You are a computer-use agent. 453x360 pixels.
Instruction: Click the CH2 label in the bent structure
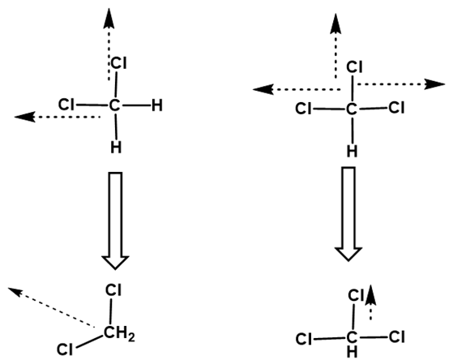coord(119,334)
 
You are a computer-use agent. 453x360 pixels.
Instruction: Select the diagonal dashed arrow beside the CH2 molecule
coord(51,307)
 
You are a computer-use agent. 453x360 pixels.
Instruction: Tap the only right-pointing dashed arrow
coord(401,84)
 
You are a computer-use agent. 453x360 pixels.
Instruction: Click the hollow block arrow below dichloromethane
coord(115,221)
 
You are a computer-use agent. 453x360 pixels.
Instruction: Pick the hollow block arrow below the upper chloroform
coord(348,214)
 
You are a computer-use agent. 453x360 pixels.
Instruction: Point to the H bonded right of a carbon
coord(157,105)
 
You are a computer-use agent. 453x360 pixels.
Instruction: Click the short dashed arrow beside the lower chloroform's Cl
coord(370,302)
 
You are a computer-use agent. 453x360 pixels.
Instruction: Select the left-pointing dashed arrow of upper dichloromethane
coord(58,117)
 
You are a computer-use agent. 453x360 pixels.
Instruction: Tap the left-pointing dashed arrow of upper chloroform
coord(297,89)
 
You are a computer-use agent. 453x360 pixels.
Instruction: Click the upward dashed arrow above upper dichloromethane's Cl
coord(109,45)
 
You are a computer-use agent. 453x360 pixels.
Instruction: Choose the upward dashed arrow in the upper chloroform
coord(335,45)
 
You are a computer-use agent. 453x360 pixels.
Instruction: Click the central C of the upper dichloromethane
coord(114,105)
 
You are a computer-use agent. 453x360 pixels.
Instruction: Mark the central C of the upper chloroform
coord(352,109)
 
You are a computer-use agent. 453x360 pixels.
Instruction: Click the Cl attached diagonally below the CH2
coord(65,349)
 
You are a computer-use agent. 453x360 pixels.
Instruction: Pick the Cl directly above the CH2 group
coord(113,290)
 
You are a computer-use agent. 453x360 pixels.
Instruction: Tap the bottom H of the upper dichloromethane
coord(116,148)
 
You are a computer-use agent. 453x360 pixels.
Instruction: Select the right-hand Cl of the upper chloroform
coord(396,107)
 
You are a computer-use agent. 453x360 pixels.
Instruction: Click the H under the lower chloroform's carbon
coord(352,352)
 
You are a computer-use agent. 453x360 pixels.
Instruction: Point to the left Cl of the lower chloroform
coord(304,339)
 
